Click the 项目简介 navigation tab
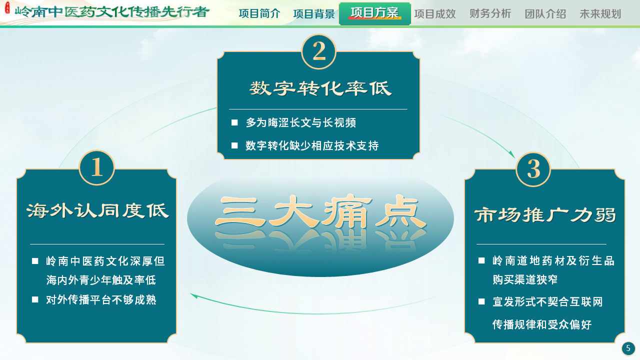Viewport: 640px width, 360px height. point(259,14)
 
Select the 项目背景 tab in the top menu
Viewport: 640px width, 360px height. point(314,14)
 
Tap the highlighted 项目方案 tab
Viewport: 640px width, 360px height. point(375,13)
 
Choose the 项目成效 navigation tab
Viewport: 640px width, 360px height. point(435,14)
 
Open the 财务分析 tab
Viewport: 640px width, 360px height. point(490,14)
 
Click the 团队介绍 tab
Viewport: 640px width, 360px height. point(545,14)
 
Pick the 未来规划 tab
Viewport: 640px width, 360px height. point(600,14)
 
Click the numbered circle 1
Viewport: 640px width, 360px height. point(97,167)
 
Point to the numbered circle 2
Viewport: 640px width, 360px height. point(319,51)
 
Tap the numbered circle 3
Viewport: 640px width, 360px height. point(533,169)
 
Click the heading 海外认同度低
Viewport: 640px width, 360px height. point(97,210)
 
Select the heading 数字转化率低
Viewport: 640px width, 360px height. point(320,88)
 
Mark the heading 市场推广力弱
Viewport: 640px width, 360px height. point(545,215)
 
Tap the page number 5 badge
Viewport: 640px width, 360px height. point(628,348)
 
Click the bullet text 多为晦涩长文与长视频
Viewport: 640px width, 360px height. point(301,123)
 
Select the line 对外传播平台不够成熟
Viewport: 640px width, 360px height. point(101,300)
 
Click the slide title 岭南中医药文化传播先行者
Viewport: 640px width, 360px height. point(112,12)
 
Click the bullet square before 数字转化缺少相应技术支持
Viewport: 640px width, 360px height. point(234,145)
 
